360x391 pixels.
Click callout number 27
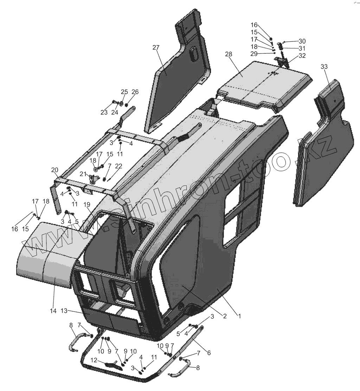coord(156,48)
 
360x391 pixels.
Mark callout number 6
coord(208,352)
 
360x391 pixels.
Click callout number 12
coord(94,360)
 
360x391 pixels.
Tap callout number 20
coord(54,170)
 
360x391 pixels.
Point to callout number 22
coord(118,166)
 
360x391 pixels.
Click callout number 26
coord(135,92)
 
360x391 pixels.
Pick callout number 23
coord(104,113)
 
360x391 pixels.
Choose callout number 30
coord(302,41)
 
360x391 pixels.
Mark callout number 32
coord(302,56)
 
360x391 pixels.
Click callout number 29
coord(263,53)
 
